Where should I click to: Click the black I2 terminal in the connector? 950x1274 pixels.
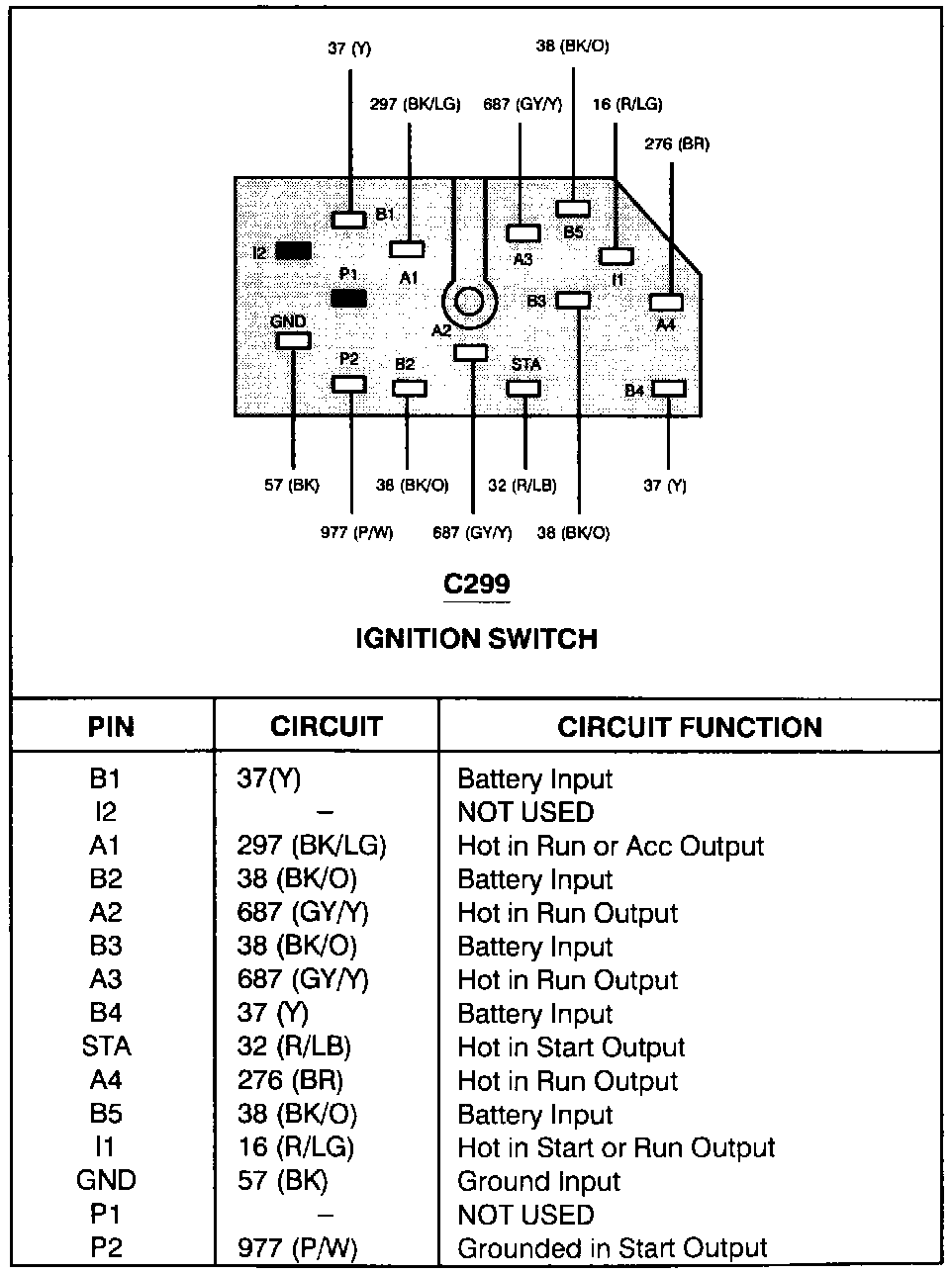tap(294, 251)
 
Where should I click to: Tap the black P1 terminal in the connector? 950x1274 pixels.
tap(348, 298)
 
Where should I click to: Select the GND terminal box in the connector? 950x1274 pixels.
tap(293, 340)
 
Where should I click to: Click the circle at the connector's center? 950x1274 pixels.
tap(469, 300)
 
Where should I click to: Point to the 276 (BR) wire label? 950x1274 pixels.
tap(677, 143)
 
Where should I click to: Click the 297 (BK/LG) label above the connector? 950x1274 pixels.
tap(415, 104)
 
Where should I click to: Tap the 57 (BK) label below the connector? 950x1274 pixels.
tap(292, 486)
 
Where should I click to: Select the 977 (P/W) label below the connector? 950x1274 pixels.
tap(357, 532)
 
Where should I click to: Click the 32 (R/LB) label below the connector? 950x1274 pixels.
tap(522, 486)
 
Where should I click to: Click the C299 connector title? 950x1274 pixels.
tap(476, 584)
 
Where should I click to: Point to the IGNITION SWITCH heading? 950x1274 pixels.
tap(476, 639)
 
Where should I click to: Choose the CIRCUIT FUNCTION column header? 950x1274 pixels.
tap(690, 728)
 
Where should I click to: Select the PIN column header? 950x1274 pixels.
tap(111, 728)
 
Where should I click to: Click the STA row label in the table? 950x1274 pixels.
tap(107, 1046)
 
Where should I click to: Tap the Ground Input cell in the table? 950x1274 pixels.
tap(538, 1181)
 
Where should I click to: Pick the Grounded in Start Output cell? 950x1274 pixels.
tap(612, 1248)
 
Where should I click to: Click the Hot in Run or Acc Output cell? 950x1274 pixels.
tap(611, 847)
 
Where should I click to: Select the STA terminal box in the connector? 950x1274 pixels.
tap(523, 387)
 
